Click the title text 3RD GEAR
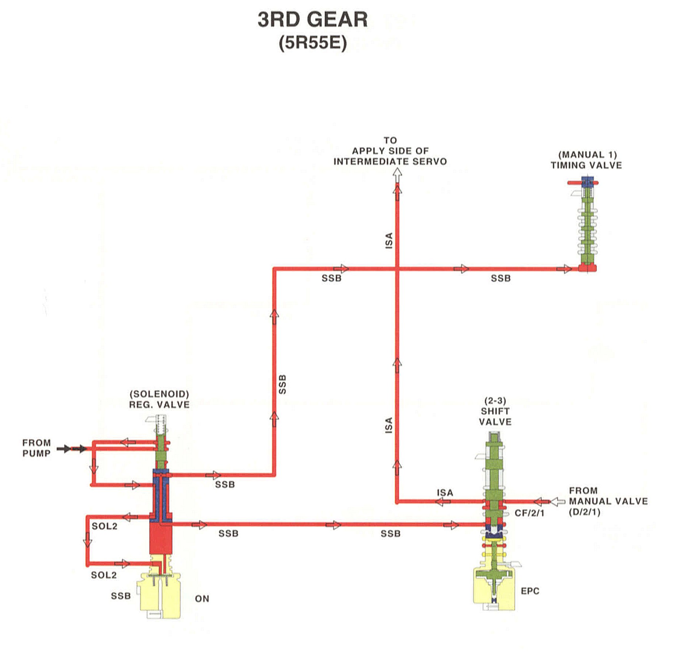point(312,20)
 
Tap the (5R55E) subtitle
point(312,43)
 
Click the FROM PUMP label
point(36,448)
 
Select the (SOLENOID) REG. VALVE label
point(159,399)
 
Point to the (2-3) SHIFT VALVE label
point(495,411)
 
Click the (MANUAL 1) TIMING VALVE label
point(586,160)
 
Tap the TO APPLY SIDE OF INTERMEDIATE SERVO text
point(390,151)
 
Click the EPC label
point(530,591)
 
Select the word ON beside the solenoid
point(202,599)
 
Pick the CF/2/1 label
point(529,513)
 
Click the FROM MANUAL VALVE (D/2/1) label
point(608,501)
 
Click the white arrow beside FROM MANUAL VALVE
point(558,501)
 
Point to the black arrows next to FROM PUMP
point(71,448)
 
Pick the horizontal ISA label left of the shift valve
point(445,492)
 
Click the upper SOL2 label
point(104,526)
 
